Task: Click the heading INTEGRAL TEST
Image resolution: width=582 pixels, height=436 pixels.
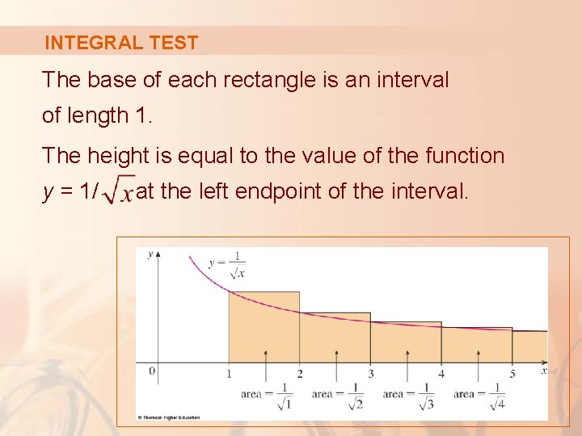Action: pyautogui.click(x=121, y=43)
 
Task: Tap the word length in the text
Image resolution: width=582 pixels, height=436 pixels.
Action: pyautogui.click(x=98, y=115)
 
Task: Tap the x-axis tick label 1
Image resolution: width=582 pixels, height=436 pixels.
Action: pyautogui.click(x=229, y=374)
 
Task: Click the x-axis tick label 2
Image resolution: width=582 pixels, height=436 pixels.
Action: pyautogui.click(x=300, y=374)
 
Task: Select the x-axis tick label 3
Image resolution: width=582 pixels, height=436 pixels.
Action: pyautogui.click(x=371, y=374)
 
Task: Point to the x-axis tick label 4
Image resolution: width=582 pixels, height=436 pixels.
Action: pyautogui.click(x=441, y=374)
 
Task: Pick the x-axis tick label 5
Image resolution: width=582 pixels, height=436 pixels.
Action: pyautogui.click(x=512, y=374)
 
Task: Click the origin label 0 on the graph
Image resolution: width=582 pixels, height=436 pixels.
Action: pyautogui.click(x=151, y=371)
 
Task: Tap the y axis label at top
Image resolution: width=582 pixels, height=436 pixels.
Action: pyautogui.click(x=151, y=254)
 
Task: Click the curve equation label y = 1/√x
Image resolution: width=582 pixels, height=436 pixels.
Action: pyautogui.click(x=227, y=264)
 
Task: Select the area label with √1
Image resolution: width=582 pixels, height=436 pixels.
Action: pyautogui.click(x=268, y=395)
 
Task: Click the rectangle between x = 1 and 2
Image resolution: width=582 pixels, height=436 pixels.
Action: pyautogui.click(x=264, y=327)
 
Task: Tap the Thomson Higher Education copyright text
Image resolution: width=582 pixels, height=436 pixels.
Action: pyautogui.click(x=170, y=417)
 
